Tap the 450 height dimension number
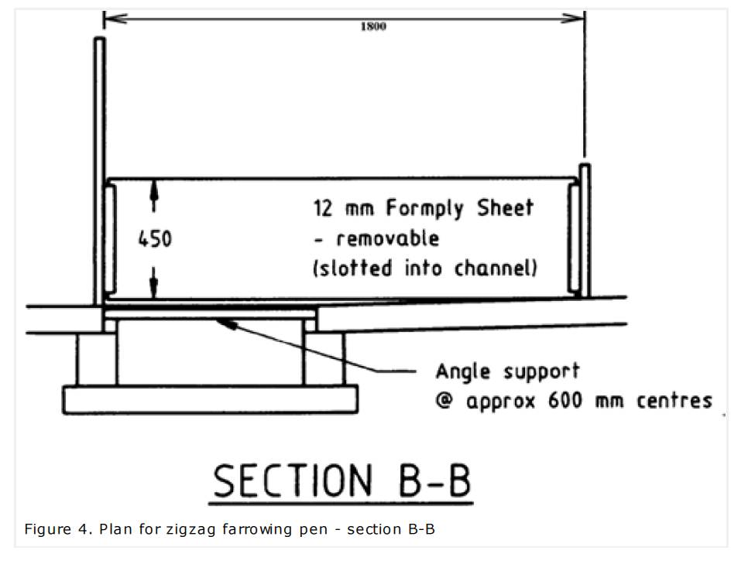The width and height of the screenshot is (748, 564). (155, 239)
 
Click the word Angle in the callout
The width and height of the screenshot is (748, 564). (463, 371)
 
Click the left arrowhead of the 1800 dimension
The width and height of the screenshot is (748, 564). (108, 17)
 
